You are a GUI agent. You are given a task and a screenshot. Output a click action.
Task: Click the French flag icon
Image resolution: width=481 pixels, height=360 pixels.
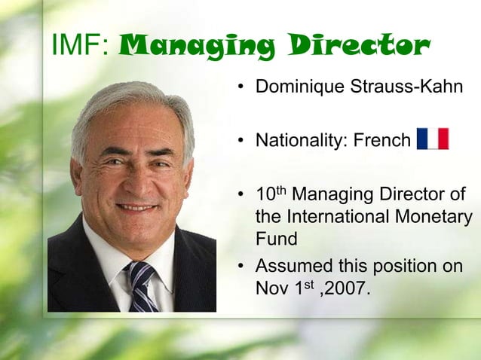pos(433,139)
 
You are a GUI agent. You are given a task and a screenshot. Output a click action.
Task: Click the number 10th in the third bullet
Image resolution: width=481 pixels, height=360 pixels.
pos(271,194)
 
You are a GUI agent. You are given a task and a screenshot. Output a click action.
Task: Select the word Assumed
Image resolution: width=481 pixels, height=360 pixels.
pos(291,267)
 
